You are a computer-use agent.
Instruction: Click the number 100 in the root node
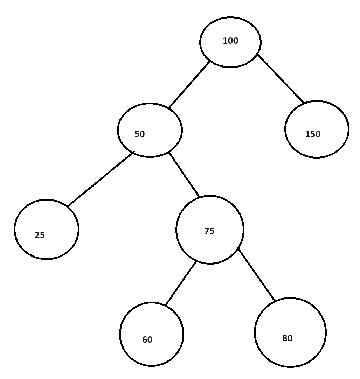tap(230, 41)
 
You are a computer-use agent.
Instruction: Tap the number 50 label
tap(139, 134)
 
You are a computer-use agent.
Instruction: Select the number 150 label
tap(313, 134)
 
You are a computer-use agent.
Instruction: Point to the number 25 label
tap(40, 235)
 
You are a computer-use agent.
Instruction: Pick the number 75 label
tap(209, 231)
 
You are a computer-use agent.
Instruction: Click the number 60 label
tap(147, 340)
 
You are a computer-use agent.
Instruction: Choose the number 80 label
tap(287, 338)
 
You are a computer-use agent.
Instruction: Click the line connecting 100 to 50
tap(189, 85)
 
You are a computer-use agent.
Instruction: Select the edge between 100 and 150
tap(281, 78)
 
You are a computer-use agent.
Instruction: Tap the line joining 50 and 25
tap(101, 179)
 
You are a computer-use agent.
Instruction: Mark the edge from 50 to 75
tap(184, 175)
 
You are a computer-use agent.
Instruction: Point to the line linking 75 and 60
tap(181, 283)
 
